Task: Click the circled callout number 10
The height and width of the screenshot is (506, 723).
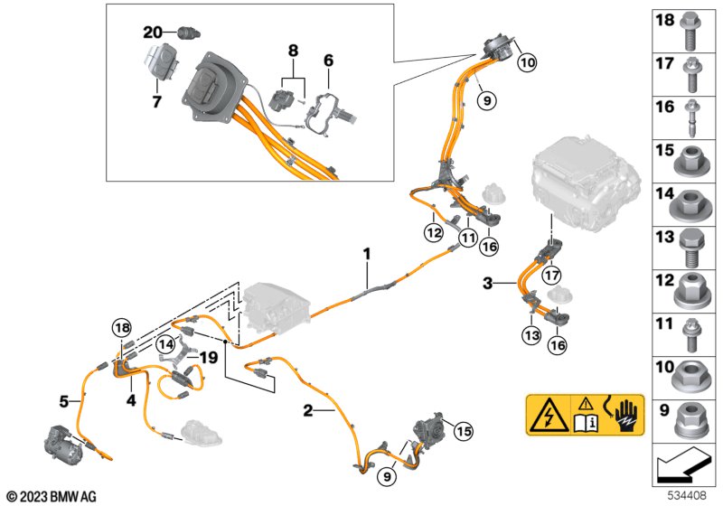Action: tap(527, 61)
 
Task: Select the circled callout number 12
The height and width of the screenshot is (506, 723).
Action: tap(434, 233)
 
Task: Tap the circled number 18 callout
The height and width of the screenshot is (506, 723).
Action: tap(122, 328)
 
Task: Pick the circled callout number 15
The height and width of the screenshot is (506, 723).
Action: tap(463, 431)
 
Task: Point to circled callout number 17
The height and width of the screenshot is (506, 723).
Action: tap(551, 276)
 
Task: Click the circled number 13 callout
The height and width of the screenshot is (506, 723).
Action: tap(531, 335)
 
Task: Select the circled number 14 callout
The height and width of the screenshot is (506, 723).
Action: tap(165, 343)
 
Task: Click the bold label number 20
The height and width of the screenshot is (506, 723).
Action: tap(153, 33)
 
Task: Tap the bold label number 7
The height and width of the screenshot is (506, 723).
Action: tap(156, 101)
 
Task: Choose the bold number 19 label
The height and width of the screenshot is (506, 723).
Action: tap(209, 357)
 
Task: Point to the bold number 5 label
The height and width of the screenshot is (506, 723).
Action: tap(64, 401)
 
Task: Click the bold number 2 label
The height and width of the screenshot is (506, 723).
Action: tap(307, 410)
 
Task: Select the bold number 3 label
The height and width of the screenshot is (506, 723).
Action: tap(488, 284)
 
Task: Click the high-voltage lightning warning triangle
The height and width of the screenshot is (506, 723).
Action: tap(549, 415)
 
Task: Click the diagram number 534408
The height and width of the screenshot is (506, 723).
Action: tap(688, 495)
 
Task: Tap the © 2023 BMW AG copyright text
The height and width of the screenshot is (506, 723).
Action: tap(52, 497)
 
